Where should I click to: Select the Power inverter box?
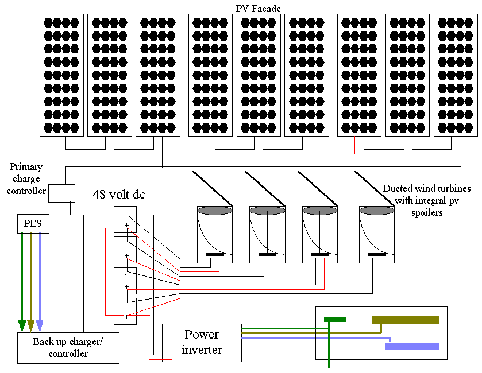[201, 343]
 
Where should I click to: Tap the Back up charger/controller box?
[68, 348]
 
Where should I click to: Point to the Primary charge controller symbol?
[61, 193]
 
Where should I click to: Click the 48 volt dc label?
[119, 195]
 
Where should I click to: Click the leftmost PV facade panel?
[61, 75]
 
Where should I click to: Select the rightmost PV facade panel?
[456, 75]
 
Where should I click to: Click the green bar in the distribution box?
[335, 320]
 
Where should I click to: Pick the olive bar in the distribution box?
[405, 320]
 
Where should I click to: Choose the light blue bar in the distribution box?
[412, 346]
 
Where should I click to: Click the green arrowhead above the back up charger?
[22, 326]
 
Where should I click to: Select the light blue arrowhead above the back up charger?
[40, 326]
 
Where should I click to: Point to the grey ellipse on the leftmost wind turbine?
[214, 211]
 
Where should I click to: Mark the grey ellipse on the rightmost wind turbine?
[376, 211]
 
